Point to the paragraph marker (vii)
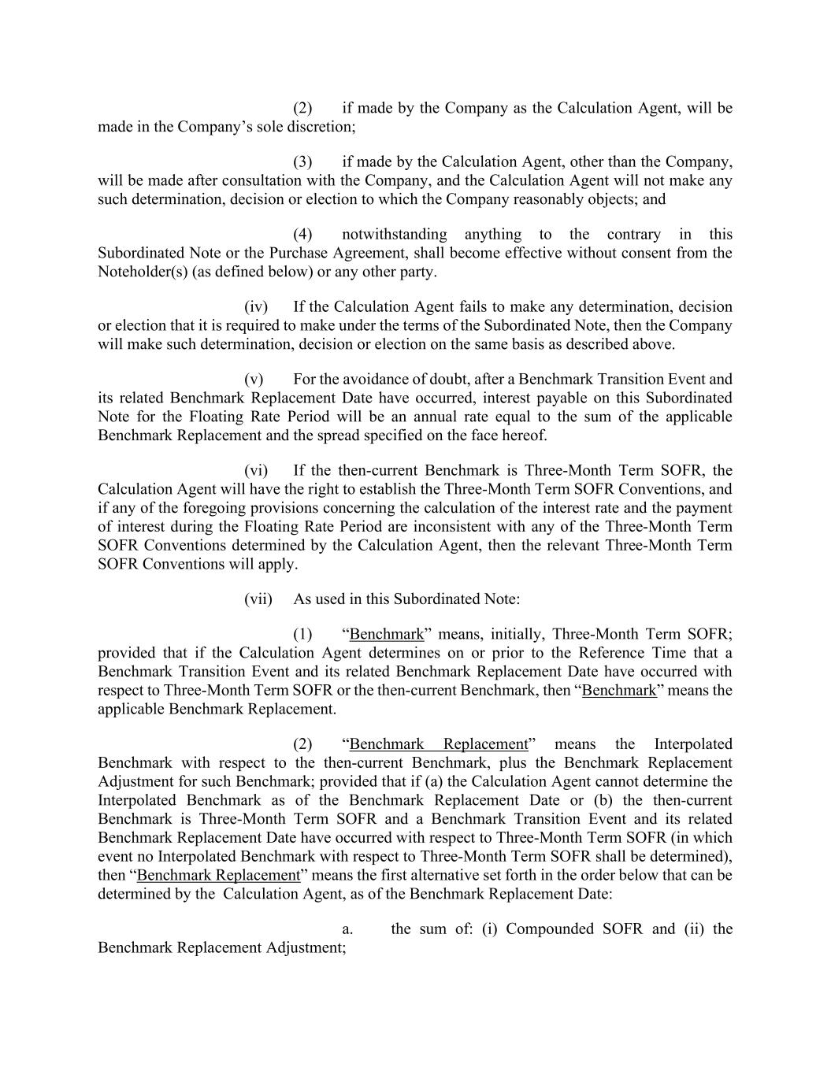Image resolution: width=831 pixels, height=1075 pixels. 258,599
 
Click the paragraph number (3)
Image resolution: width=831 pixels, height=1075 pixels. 302,161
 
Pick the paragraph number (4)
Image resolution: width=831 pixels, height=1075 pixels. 302,234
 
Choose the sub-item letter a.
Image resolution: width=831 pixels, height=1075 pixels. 347,929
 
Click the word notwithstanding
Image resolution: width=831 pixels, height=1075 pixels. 394,234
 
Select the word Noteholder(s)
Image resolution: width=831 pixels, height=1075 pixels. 141,272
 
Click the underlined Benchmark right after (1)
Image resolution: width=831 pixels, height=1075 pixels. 386,634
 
